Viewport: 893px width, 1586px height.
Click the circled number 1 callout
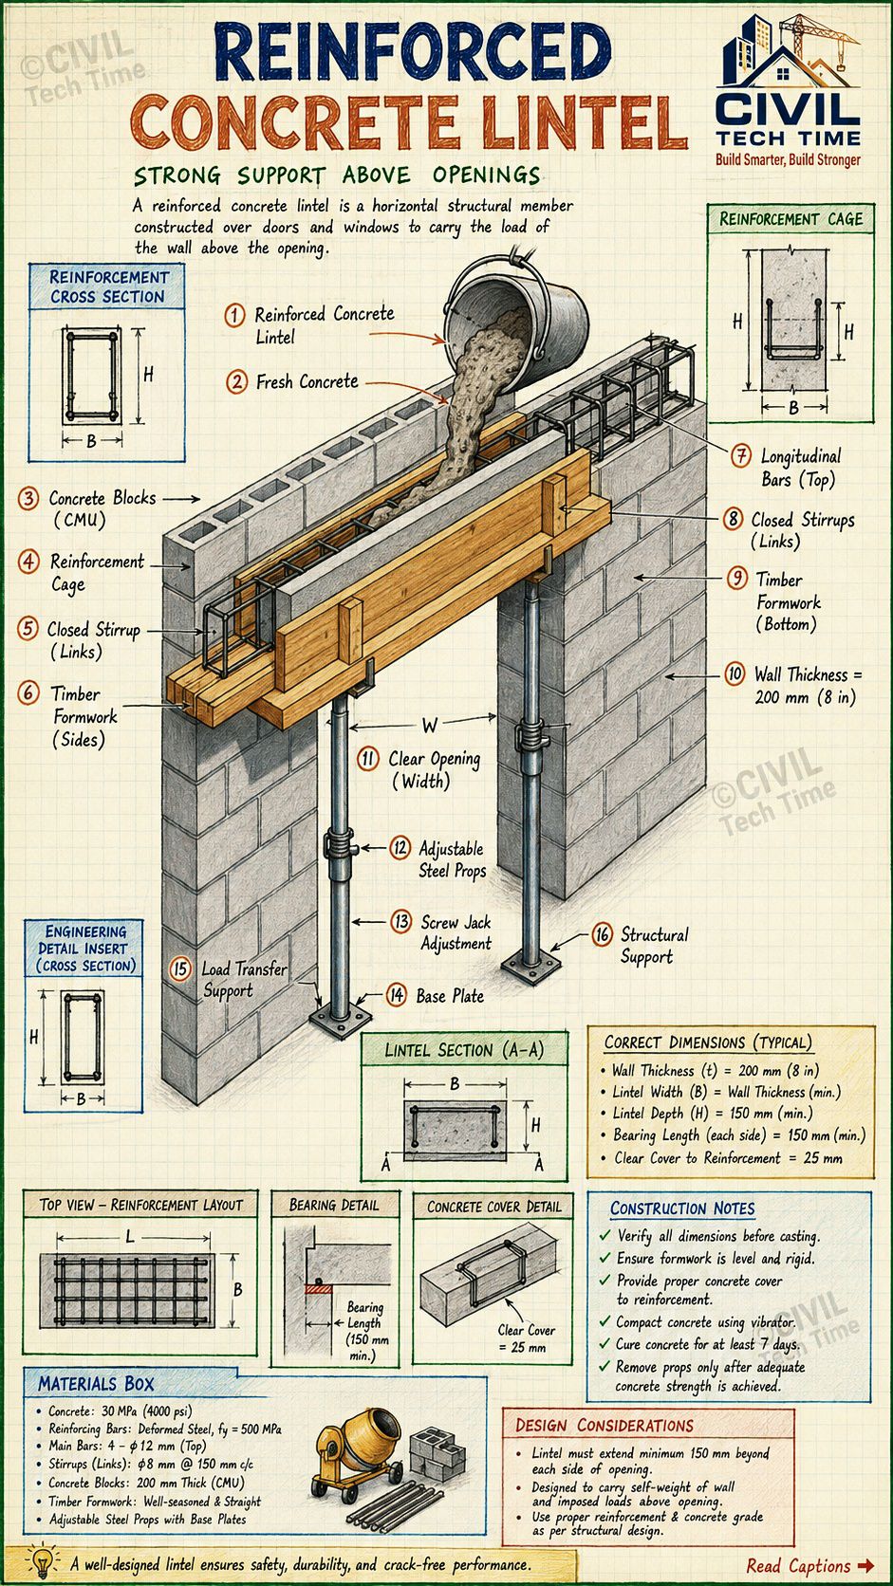coord(235,314)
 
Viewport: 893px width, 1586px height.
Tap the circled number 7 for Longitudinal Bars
coord(741,455)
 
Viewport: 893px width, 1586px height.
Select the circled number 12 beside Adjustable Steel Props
coord(400,847)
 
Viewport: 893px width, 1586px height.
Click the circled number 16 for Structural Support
coord(602,934)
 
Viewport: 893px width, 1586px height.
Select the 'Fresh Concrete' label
coord(307,382)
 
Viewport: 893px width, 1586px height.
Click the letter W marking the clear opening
coord(430,726)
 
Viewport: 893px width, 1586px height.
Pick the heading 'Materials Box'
coord(96,1384)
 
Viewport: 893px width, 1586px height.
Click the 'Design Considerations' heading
coord(605,1426)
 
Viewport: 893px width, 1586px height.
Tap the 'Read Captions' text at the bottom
coord(798,1565)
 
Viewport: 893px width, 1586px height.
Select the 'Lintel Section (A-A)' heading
coord(465,1050)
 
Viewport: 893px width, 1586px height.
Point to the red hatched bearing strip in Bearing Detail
coord(320,1288)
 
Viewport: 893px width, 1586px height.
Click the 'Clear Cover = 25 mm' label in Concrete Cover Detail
coord(526,1338)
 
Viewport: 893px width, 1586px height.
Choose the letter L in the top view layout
coord(130,1237)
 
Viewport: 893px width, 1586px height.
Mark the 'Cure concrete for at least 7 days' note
coord(707,1344)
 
